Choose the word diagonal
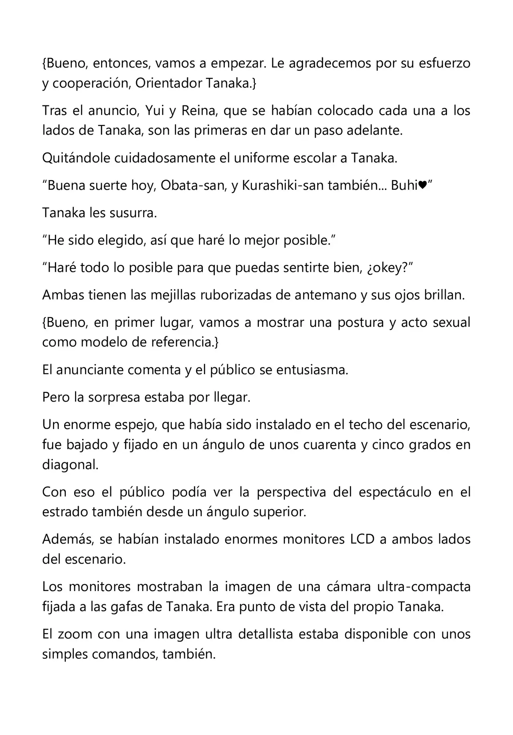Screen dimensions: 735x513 70,465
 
